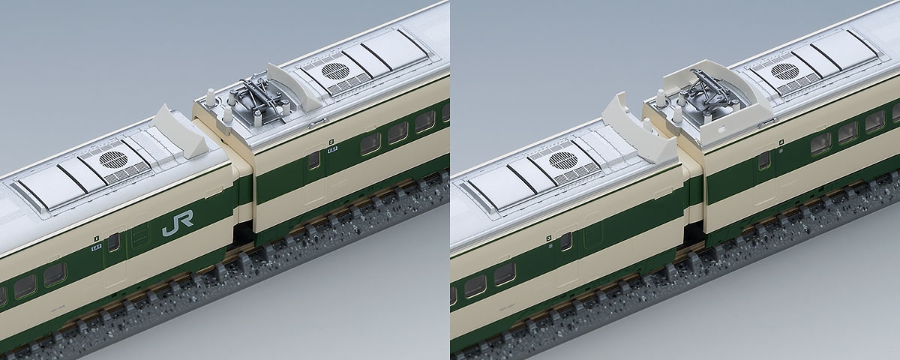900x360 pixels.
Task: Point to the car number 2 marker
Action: coord(331,140)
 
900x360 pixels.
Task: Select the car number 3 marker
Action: coord(549,238)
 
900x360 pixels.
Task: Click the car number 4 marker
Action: coord(781,140)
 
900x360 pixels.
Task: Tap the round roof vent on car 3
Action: coord(562,160)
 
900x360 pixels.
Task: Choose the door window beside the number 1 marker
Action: coord(114,242)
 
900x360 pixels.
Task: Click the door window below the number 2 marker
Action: coord(313,160)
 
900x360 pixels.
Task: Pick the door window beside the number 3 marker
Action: coord(565,241)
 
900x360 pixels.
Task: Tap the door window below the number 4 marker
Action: coord(764,160)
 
